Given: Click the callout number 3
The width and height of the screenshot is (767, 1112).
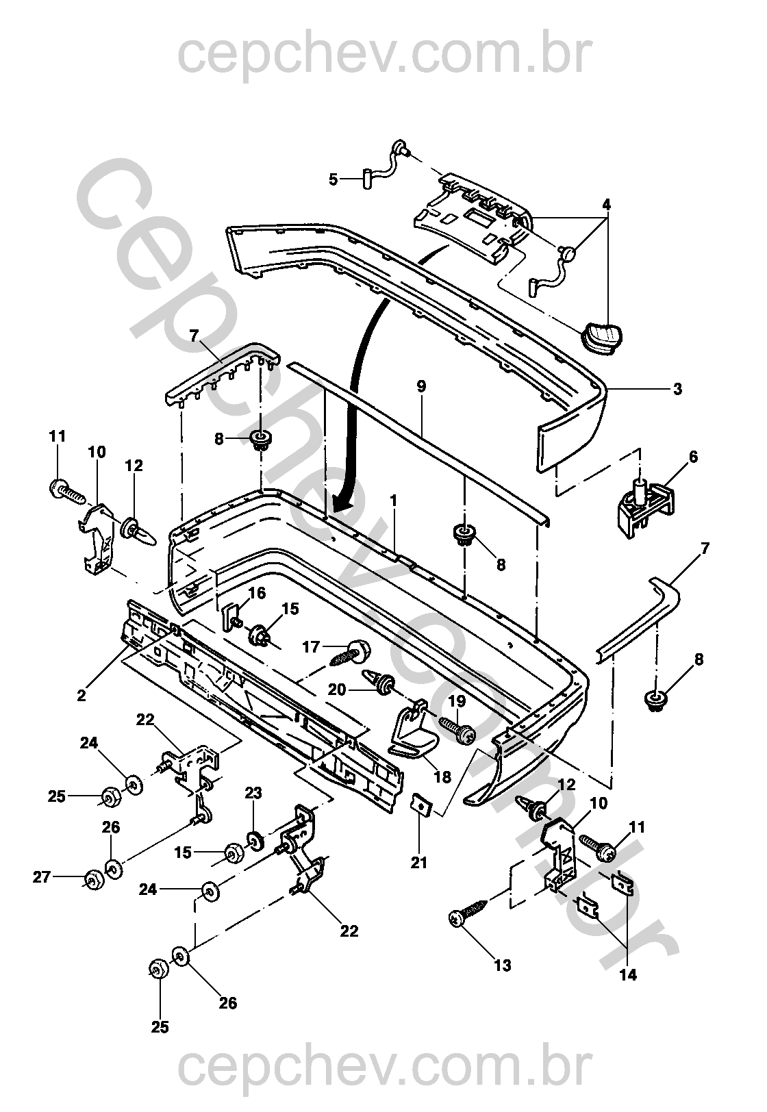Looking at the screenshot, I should pyautogui.click(x=677, y=390).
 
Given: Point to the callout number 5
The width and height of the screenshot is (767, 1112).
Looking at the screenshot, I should pyautogui.click(x=334, y=179).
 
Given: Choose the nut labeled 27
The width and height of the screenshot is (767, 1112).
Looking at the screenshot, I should pyautogui.click(x=90, y=879).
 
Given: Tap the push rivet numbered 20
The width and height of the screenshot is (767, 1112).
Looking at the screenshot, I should pyautogui.click(x=378, y=681).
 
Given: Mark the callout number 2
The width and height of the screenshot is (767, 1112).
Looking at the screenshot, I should pyautogui.click(x=82, y=696).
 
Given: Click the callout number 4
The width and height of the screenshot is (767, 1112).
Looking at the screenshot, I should pyautogui.click(x=606, y=205).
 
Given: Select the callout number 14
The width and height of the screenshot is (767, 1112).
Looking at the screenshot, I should pyautogui.click(x=628, y=975).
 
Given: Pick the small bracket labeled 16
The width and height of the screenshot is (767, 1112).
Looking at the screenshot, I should pyautogui.click(x=230, y=614).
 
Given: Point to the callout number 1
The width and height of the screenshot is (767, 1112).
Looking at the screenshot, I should pyautogui.click(x=394, y=501).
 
